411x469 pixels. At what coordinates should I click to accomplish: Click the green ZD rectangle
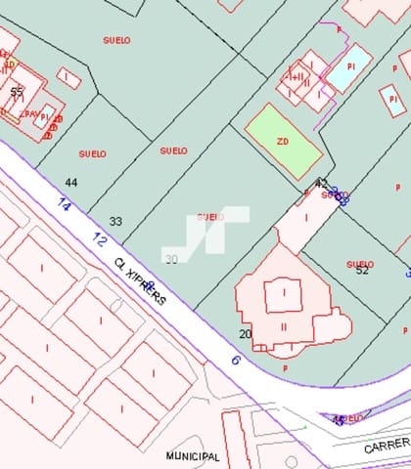[x=283, y=141]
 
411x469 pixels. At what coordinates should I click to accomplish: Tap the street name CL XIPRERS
[x=139, y=282]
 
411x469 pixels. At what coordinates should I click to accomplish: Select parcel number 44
[x=70, y=183]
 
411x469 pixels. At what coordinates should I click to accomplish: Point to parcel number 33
[x=115, y=222]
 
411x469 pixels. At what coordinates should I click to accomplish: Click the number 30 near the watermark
[x=171, y=259]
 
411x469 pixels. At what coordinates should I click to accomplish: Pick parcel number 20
[x=245, y=334]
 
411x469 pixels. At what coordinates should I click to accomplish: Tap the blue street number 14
[x=65, y=205]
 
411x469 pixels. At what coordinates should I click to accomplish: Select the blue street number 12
[x=100, y=238]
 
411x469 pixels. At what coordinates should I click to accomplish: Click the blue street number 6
[x=235, y=360]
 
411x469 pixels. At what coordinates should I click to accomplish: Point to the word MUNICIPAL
[x=193, y=456]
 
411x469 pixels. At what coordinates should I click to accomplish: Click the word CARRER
[x=386, y=447]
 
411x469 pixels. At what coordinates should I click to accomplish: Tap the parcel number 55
[x=17, y=92]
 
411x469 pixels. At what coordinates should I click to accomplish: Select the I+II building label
[x=295, y=76]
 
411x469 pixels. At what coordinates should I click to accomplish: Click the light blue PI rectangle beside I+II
[x=347, y=69]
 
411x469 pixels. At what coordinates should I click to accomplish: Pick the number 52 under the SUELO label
[x=362, y=271]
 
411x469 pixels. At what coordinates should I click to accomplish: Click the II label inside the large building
[x=284, y=326]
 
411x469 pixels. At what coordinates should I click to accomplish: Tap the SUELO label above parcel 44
[x=92, y=153]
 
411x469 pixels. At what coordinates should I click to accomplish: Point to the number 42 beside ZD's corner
[x=321, y=183]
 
